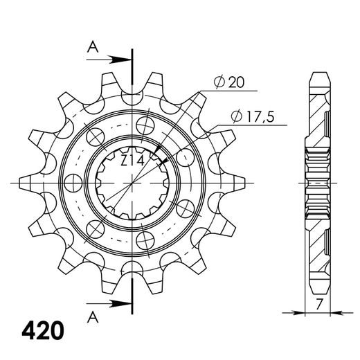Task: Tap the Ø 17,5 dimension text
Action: (x=250, y=118)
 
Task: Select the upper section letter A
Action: (x=92, y=47)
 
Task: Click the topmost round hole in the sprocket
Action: (x=145, y=125)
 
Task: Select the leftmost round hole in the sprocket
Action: (x=72, y=181)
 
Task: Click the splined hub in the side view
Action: (x=316, y=181)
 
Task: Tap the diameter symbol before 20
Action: (x=217, y=82)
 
